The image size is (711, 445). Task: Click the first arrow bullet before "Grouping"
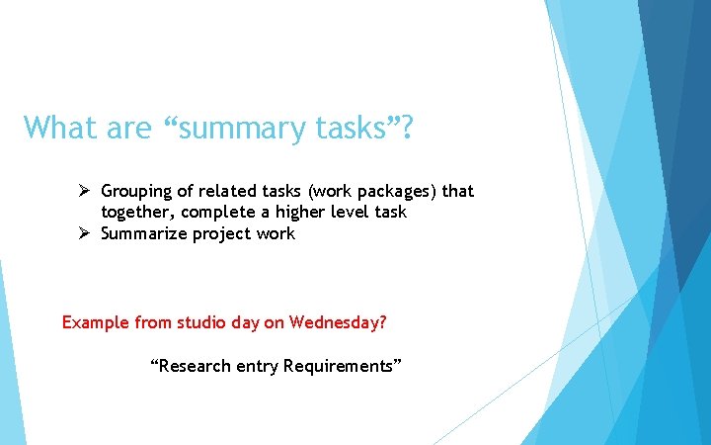[x=86, y=191]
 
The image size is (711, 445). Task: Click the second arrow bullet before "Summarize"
[x=86, y=234]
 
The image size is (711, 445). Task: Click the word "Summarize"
[x=142, y=234]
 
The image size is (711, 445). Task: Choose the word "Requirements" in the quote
[x=341, y=366]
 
